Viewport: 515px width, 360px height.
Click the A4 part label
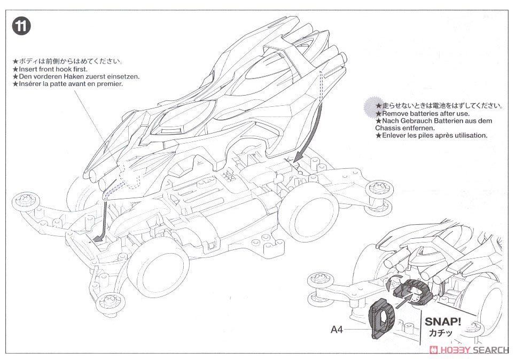tap(337, 330)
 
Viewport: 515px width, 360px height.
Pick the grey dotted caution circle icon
tap(370, 106)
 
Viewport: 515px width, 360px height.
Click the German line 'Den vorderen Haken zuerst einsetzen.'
tap(79, 77)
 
